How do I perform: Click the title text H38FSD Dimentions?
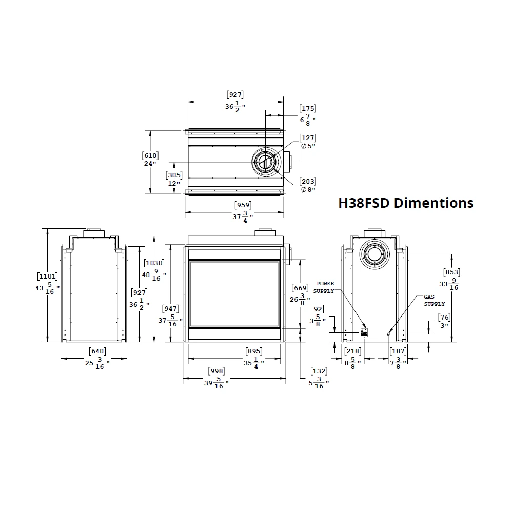click(406, 203)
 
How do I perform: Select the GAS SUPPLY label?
click(434, 300)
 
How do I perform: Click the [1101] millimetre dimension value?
click(47, 277)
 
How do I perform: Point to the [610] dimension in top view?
click(150, 156)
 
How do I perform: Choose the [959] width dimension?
click(243, 205)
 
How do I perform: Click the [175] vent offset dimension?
click(307, 109)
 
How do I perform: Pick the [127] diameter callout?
click(307, 138)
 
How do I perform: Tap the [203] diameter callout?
click(307, 182)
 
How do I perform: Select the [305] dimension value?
click(174, 175)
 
